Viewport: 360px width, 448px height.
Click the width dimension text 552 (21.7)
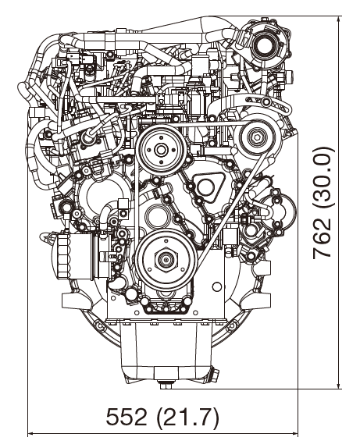tap(162, 416)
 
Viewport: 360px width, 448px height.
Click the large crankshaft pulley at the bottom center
tap(166, 260)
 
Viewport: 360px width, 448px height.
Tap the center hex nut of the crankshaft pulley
tap(166, 260)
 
